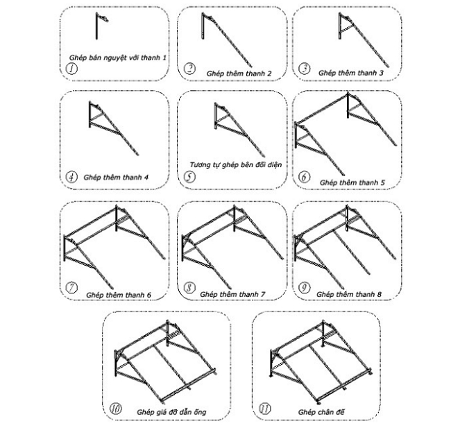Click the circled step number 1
point(71,69)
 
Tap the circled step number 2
point(189,69)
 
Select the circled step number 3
point(305,69)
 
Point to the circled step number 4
point(71,176)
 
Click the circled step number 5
point(189,176)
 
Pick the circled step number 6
point(305,176)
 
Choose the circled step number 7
point(71,287)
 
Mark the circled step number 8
point(189,287)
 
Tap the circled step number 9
point(305,287)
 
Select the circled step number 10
point(116,409)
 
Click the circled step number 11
point(265,409)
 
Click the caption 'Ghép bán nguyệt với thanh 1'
point(118,58)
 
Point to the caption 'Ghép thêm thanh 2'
point(239,74)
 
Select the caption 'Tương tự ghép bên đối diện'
point(236,165)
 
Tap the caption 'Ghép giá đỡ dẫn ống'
point(171,412)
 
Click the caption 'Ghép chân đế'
point(321,412)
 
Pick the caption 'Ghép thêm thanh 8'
point(349,294)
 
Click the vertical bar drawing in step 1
point(96,26)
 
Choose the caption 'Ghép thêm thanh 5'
point(352,182)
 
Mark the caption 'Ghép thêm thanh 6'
point(119,295)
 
